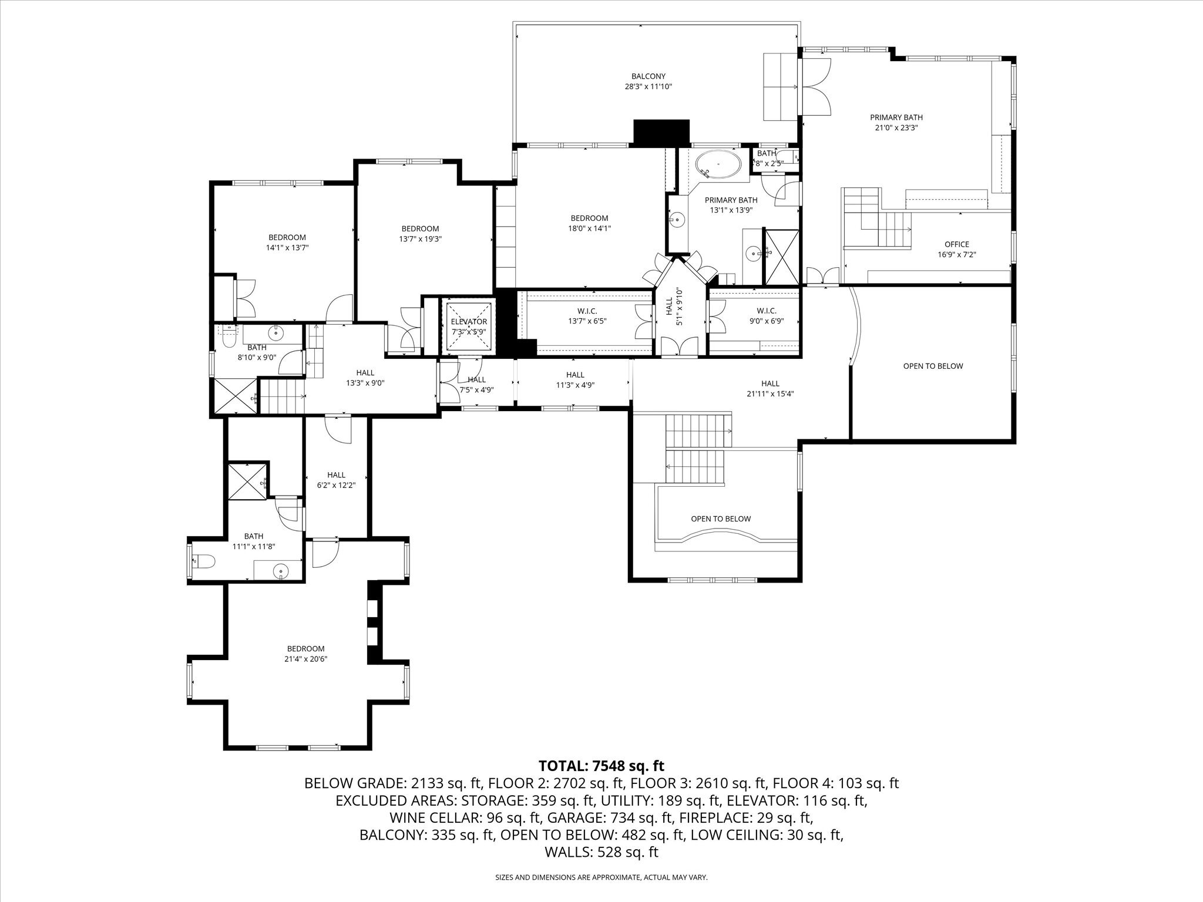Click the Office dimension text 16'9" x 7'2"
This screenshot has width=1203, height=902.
(957, 255)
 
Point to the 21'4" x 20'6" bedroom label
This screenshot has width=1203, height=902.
(306, 654)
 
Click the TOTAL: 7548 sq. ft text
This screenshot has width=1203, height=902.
(601, 765)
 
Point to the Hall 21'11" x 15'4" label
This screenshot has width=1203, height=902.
(770, 389)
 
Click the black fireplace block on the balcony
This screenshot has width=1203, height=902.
(661, 132)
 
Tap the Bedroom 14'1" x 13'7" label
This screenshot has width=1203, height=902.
(287, 243)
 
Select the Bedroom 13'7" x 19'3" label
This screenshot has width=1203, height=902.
(420, 234)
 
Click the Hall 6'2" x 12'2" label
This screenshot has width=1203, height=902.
(336, 480)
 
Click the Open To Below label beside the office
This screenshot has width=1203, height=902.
(933, 366)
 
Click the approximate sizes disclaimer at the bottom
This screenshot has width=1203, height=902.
(601, 877)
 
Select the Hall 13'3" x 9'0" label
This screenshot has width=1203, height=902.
(365, 378)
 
